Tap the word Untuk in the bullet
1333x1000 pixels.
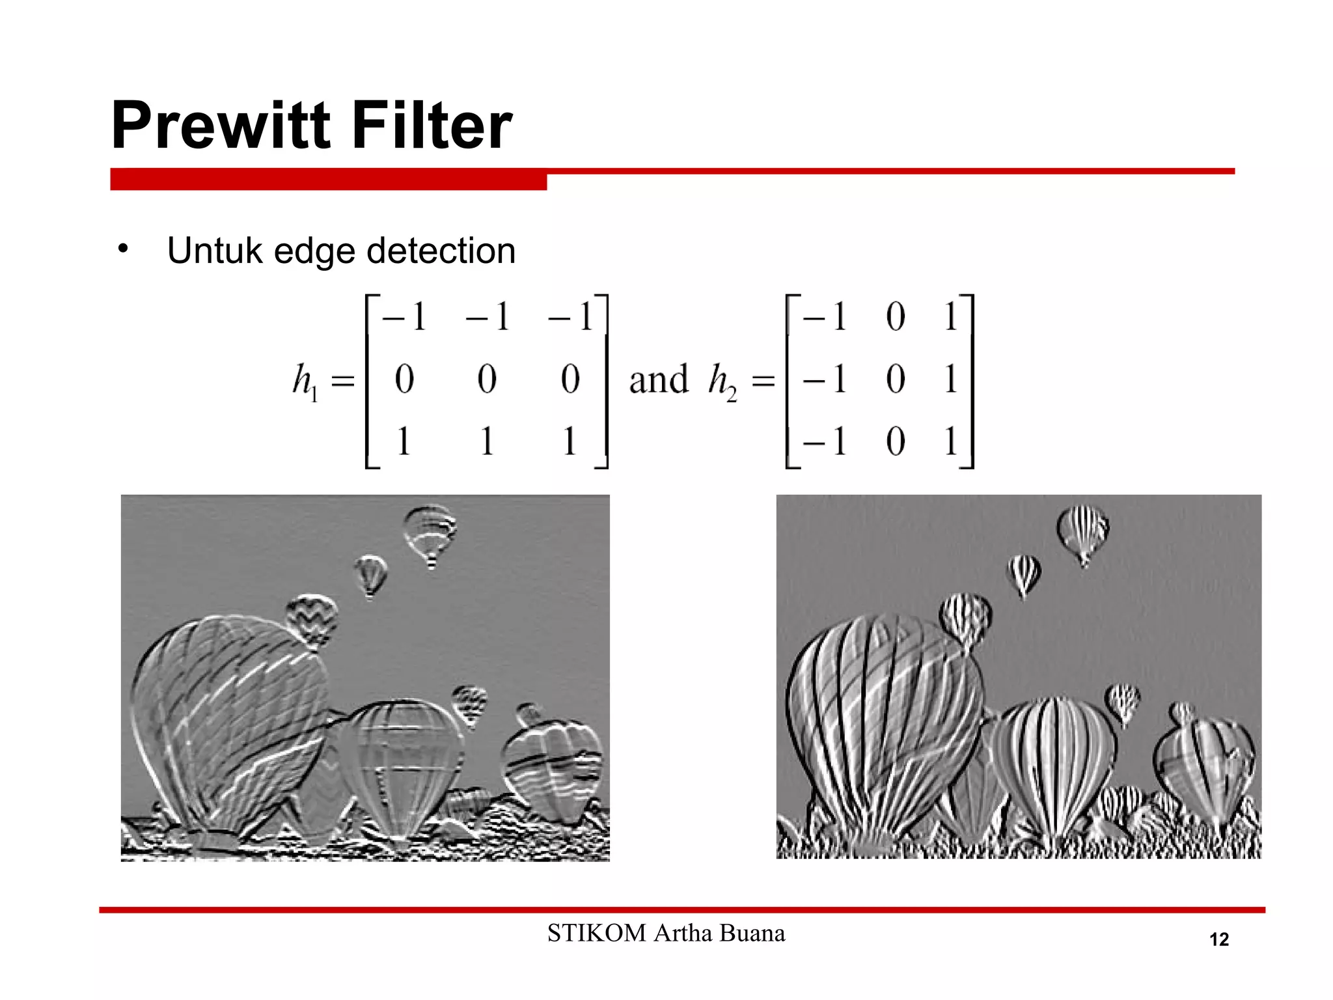pos(214,251)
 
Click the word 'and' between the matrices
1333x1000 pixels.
pos(658,380)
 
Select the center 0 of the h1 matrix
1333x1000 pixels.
pos(487,379)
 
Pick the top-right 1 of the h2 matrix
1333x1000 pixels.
pos(951,317)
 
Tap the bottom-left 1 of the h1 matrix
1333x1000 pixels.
pos(404,441)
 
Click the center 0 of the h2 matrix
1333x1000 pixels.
pos(896,379)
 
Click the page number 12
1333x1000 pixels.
pos(1218,939)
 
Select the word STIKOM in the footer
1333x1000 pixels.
pos(596,933)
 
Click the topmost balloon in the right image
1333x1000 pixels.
pos(1082,531)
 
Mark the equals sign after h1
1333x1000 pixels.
pos(343,380)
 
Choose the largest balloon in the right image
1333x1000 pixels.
pos(885,716)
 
